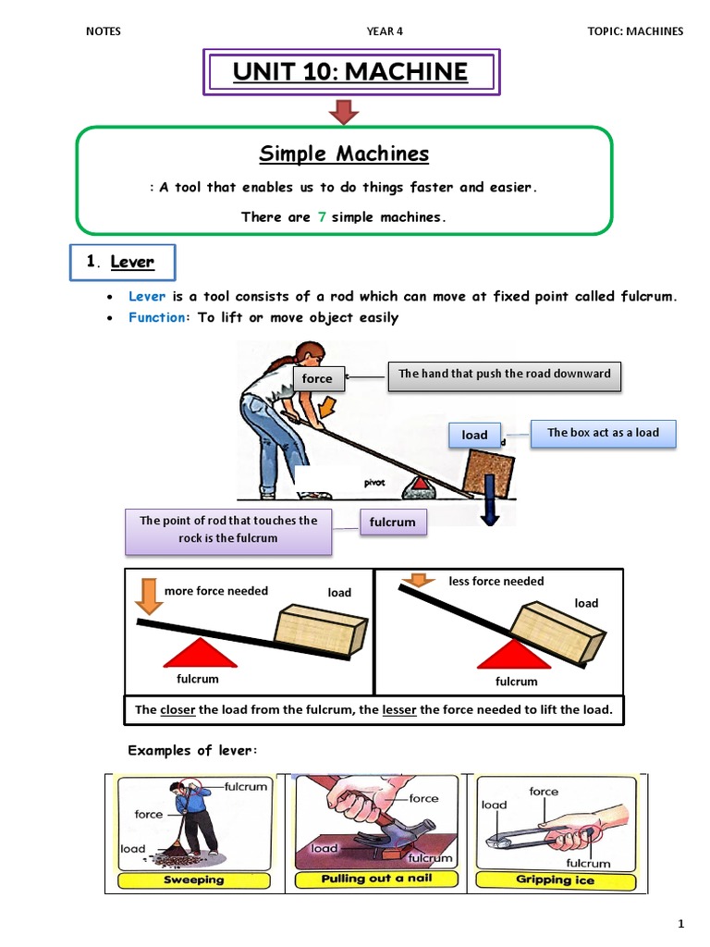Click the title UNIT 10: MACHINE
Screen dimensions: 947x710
pos(350,72)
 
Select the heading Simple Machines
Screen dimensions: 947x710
pos(343,154)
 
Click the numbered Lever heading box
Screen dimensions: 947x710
pos(122,262)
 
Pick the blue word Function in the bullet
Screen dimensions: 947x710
pos(157,317)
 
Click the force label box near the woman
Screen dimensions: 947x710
pos(317,378)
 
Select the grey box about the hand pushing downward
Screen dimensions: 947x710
pos(504,375)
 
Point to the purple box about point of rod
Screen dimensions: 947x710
pos(227,529)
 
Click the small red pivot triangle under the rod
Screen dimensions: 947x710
pos(421,482)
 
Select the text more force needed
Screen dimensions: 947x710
pos(215,591)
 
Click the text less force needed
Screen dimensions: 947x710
pos(496,581)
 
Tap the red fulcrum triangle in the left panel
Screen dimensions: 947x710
pos(199,653)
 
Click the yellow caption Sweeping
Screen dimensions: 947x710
pos(193,879)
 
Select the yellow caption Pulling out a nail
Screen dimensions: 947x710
pos(375,879)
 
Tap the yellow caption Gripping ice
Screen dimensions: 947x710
pos(555,879)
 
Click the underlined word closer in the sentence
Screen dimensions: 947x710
pos(178,710)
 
